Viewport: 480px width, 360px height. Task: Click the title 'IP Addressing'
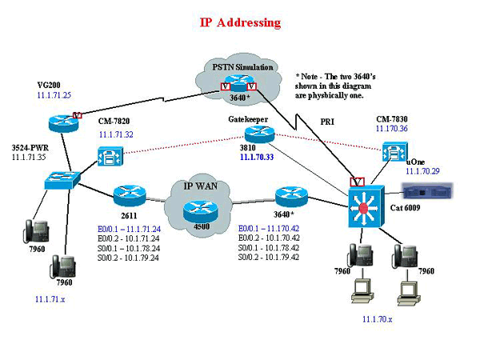click(x=240, y=22)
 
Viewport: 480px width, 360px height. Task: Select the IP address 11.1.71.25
click(x=54, y=95)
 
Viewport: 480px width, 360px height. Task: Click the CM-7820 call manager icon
click(x=110, y=155)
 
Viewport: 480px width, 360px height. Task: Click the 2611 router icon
click(x=128, y=195)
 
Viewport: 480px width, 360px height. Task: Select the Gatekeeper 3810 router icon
click(x=251, y=135)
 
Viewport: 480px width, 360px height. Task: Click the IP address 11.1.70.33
click(x=256, y=158)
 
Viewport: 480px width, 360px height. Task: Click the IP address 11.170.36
click(x=391, y=128)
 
